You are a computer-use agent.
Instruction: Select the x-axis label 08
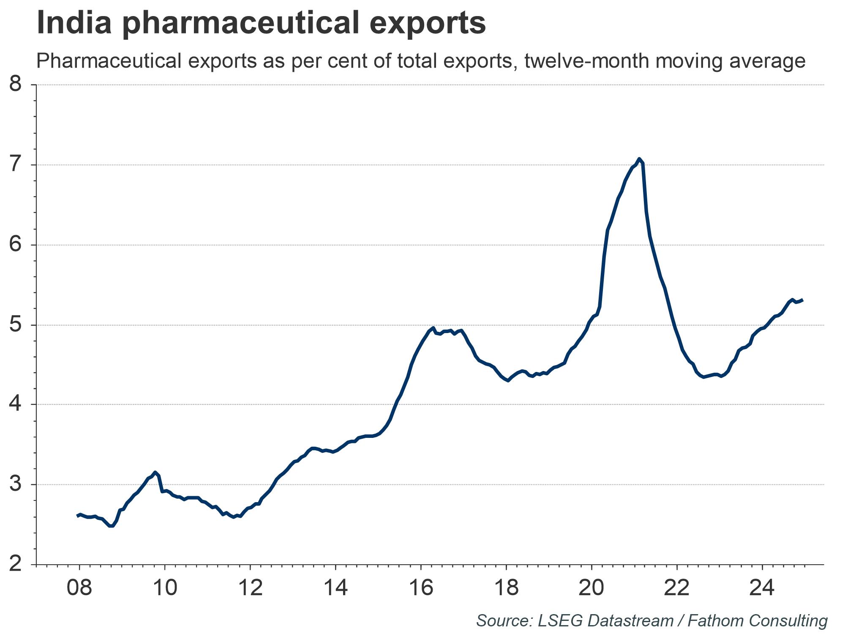coord(79,588)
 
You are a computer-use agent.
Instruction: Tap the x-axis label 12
coord(250,588)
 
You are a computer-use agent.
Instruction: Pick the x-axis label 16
coord(421,588)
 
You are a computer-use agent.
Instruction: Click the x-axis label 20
coord(591,588)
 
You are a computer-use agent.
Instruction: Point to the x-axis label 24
coord(762,588)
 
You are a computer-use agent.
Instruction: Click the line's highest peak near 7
coord(639,159)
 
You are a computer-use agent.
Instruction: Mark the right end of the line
coord(802,300)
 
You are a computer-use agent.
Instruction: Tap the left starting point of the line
coord(77,516)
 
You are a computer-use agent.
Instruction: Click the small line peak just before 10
coord(155,472)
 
